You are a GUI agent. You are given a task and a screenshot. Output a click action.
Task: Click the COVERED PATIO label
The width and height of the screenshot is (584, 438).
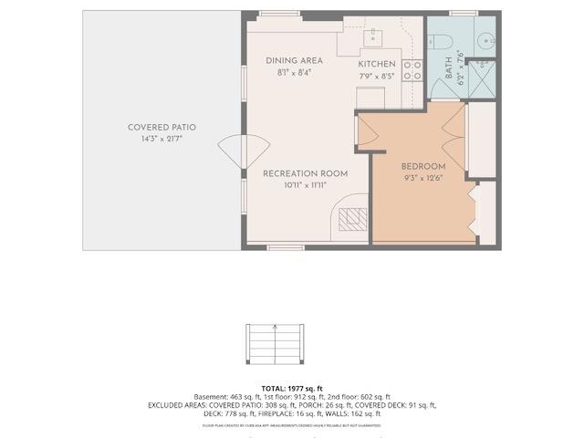pyautogui.click(x=162, y=128)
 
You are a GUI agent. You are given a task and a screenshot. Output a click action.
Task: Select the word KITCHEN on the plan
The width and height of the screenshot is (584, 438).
pyautogui.click(x=376, y=65)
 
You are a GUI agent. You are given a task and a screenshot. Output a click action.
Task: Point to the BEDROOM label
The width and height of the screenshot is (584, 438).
pyautogui.click(x=423, y=166)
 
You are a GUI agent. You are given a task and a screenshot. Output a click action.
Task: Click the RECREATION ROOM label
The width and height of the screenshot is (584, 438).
pyautogui.click(x=293, y=173)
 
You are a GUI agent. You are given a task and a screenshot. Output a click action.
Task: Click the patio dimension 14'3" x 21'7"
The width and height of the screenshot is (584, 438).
pyautogui.click(x=162, y=139)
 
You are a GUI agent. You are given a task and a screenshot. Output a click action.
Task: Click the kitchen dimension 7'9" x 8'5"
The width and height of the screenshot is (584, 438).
pyautogui.click(x=376, y=76)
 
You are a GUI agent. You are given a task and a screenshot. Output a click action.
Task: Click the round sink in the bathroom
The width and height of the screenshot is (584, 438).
pyautogui.click(x=486, y=41)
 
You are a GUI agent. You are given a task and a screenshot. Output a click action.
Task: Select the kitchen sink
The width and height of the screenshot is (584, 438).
pyautogui.click(x=373, y=37)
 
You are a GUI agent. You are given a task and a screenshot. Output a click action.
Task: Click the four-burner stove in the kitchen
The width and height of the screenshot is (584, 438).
pyautogui.click(x=412, y=71)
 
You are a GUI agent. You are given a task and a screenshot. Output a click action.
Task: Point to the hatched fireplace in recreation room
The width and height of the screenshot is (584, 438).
pyautogui.click(x=351, y=219)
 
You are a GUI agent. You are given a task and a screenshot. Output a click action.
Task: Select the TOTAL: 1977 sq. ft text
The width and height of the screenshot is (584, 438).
pyautogui.click(x=291, y=389)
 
